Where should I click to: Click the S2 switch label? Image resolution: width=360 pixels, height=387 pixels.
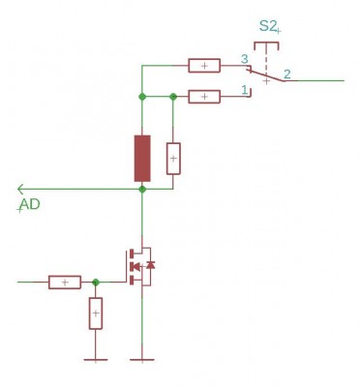(x=267, y=26)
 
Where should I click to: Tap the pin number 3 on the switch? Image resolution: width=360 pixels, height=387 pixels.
(x=245, y=59)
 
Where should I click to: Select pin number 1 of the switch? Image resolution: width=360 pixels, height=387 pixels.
(x=244, y=89)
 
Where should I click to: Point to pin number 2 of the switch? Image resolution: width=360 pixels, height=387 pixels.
(x=286, y=74)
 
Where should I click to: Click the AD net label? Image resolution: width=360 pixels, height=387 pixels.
(x=30, y=204)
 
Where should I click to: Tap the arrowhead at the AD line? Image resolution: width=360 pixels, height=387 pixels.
(x=20, y=189)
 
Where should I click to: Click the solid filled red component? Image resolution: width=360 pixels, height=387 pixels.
(x=142, y=158)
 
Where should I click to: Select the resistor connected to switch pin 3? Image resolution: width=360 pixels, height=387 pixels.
(x=204, y=66)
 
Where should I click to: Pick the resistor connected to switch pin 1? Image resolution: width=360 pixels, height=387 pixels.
(x=204, y=97)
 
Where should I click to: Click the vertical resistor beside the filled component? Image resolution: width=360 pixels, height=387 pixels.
(x=173, y=159)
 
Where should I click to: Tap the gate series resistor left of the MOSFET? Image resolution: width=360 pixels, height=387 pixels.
(x=65, y=283)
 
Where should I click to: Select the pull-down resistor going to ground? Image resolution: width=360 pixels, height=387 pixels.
(x=96, y=313)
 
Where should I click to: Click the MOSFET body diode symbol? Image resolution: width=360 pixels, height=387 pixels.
(x=150, y=265)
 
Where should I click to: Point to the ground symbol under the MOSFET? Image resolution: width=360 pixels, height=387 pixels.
(x=142, y=360)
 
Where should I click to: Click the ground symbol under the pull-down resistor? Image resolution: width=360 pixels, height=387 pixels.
(x=96, y=360)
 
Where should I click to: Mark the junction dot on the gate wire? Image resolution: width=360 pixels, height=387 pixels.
(x=96, y=283)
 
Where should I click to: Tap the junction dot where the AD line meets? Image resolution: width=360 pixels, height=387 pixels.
(x=142, y=190)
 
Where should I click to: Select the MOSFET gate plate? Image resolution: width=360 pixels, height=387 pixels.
(x=127, y=266)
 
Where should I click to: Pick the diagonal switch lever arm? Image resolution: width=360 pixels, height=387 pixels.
(x=266, y=75)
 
